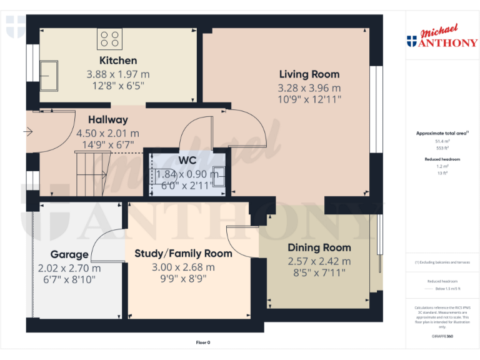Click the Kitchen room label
pos(118,61)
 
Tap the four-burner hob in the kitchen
pos(110,39)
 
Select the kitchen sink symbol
pos(49,76)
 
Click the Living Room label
pos(309,74)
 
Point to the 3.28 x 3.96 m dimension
pos(309,87)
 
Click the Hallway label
pos(107,119)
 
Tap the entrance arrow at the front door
pos(27,132)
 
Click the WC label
pos(187,160)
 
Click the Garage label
pos(69,254)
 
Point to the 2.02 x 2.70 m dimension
pos(69,268)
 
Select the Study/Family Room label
pos(183,253)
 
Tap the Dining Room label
pos(319,247)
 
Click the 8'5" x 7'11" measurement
pos(319,273)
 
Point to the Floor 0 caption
pos(203,342)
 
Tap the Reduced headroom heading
pos(442,159)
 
